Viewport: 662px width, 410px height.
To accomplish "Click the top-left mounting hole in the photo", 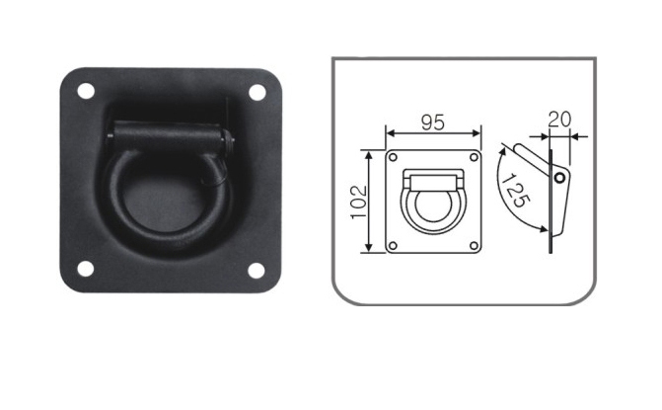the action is tap(86, 91).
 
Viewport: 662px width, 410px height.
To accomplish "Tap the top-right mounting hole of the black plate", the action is tap(257, 92).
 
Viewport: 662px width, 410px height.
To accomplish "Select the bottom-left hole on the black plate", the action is tap(85, 269).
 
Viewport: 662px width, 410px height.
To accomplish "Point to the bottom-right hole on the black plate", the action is tap(257, 271).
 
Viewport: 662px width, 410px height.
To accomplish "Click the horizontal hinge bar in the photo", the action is tap(169, 134).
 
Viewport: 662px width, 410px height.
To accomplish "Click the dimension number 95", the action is tap(433, 123).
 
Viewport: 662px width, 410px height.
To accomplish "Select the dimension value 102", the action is tap(359, 202).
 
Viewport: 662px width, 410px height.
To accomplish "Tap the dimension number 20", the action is tap(559, 120).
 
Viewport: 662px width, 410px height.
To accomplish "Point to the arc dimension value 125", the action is tap(515, 191).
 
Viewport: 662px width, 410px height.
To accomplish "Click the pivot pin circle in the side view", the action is tap(559, 178).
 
